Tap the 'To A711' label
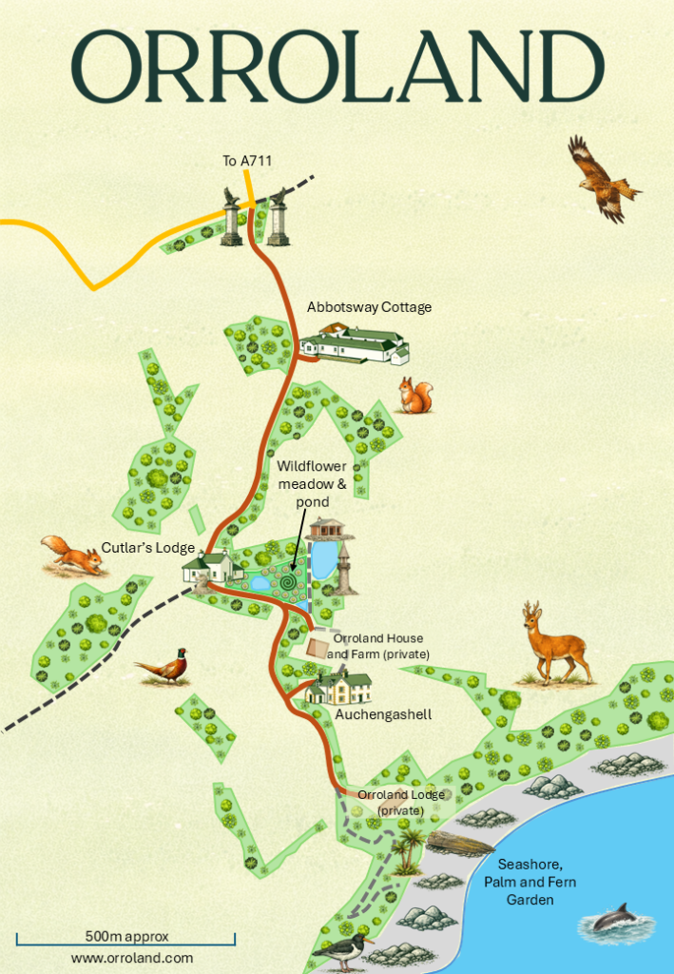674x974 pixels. tap(247, 162)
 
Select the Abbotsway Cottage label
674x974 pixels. tap(369, 307)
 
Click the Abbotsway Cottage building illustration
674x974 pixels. tap(354, 344)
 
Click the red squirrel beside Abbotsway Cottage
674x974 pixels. tap(415, 396)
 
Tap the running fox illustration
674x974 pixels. tap(72, 555)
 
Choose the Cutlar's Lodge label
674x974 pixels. tap(148, 548)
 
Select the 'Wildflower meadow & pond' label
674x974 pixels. tap(312, 484)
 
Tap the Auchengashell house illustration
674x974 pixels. tap(338, 686)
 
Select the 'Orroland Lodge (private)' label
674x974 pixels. tap(396, 802)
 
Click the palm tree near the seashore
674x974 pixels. tap(409, 849)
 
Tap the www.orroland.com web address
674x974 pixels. tap(132, 959)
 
